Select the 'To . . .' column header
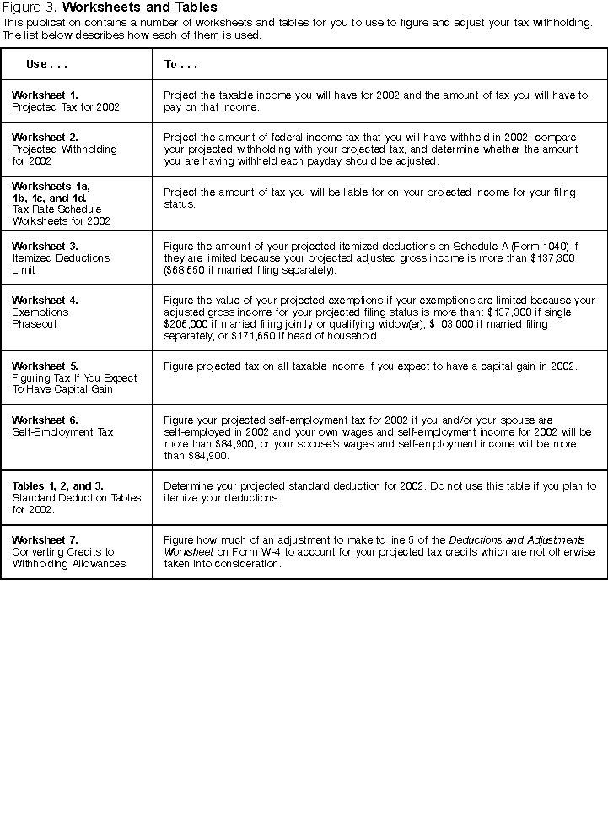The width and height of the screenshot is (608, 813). click(180, 64)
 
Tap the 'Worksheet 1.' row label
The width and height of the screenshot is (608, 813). click(45, 95)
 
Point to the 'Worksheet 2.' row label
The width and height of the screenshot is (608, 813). click(45, 137)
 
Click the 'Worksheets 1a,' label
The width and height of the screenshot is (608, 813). click(51, 186)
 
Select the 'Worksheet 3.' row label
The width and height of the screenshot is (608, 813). click(45, 247)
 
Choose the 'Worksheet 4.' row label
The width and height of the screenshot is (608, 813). click(45, 300)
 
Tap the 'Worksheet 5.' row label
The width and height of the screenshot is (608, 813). click(45, 366)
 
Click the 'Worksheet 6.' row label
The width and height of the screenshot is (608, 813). click(45, 420)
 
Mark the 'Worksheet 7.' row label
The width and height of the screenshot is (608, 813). click(45, 539)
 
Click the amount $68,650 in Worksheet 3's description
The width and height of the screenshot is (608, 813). click(186, 270)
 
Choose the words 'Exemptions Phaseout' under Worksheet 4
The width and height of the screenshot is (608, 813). click(40, 317)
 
